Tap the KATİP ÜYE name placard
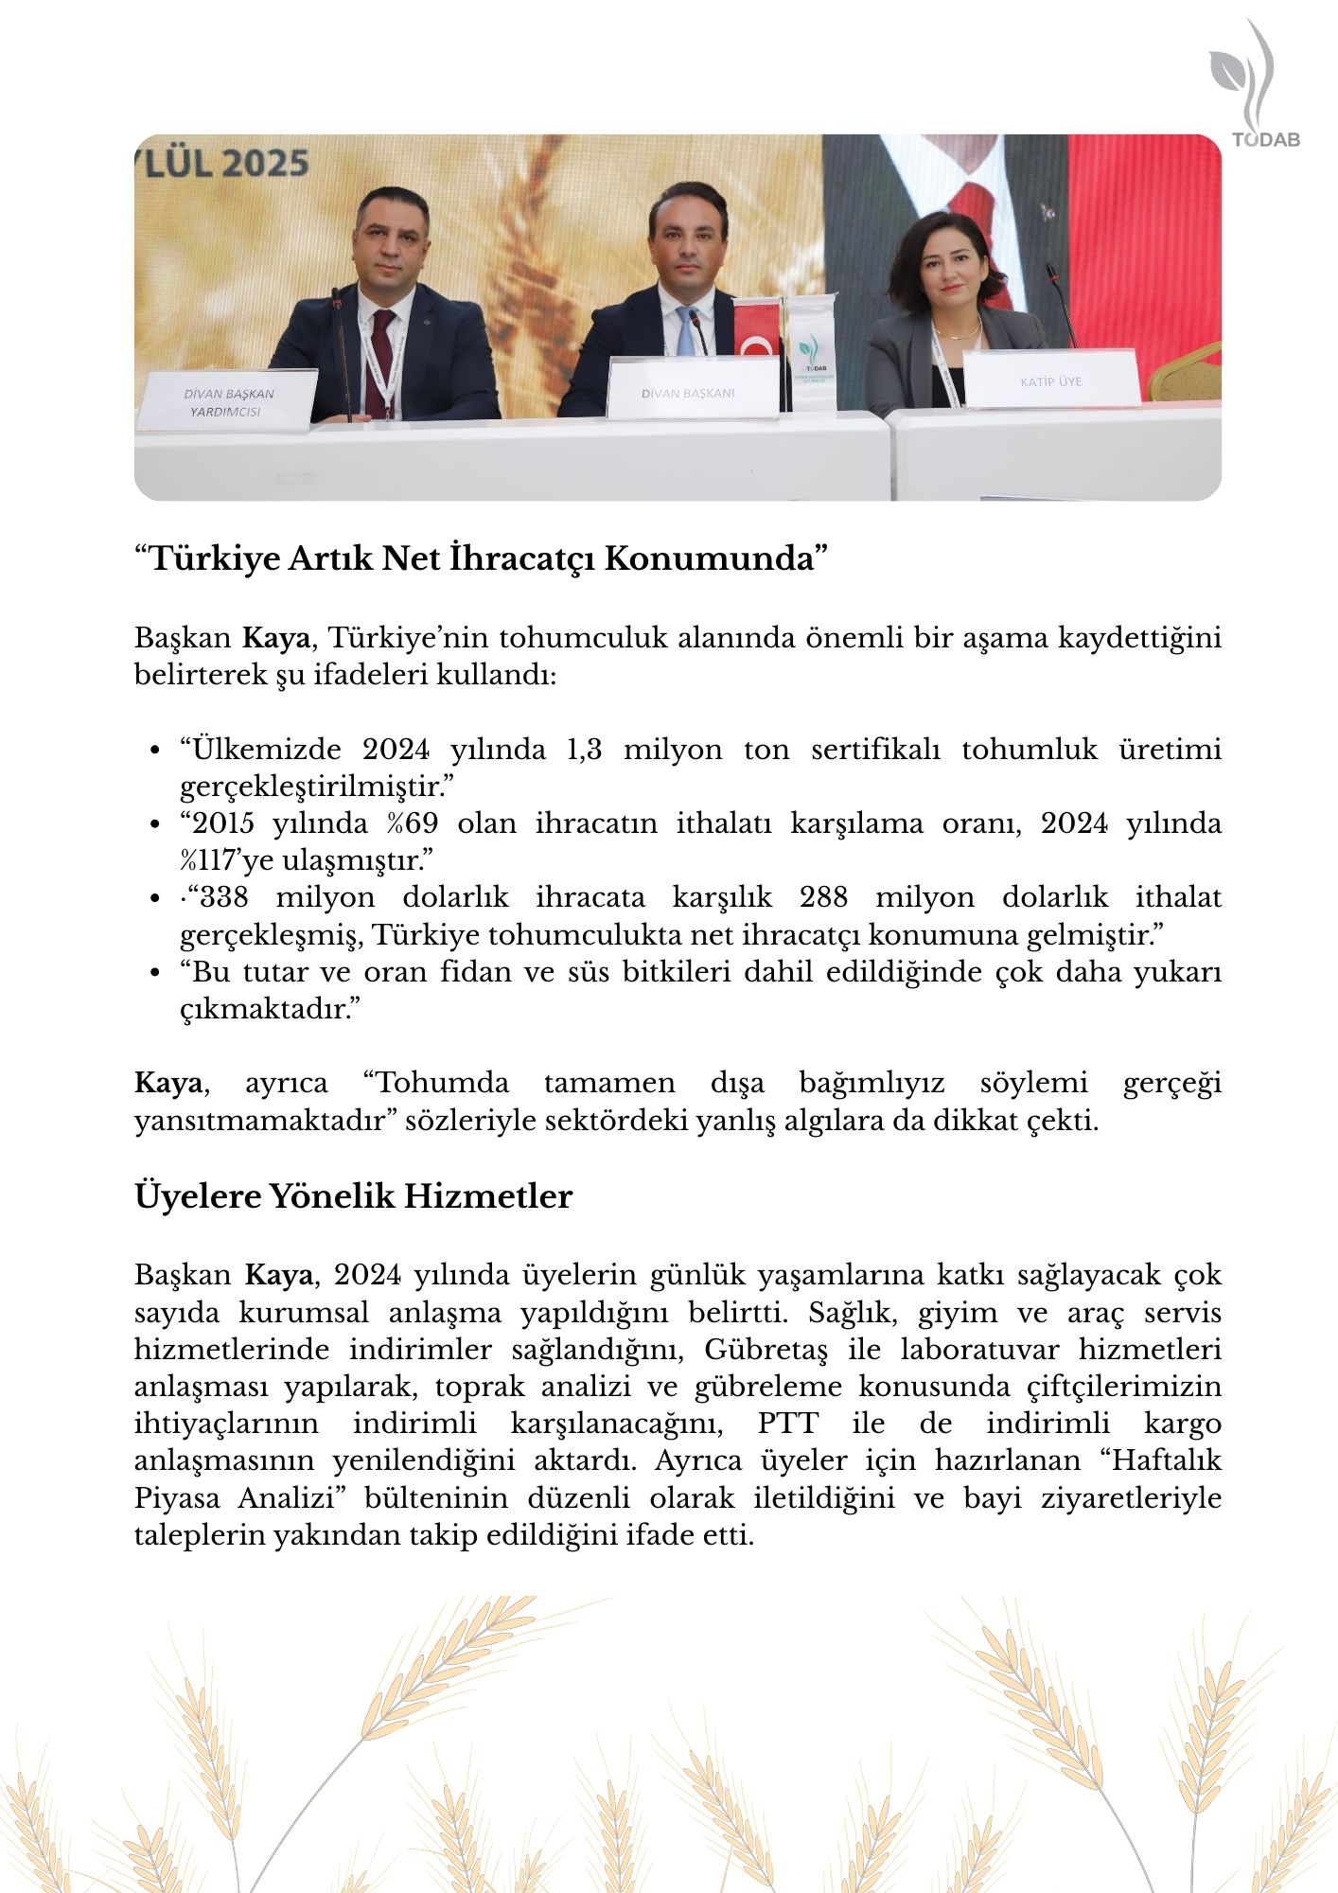click(x=1050, y=380)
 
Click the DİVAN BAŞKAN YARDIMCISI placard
click(x=228, y=402)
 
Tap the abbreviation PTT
click(x=787, y=1424)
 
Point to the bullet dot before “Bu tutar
click(x=154, y=973)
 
